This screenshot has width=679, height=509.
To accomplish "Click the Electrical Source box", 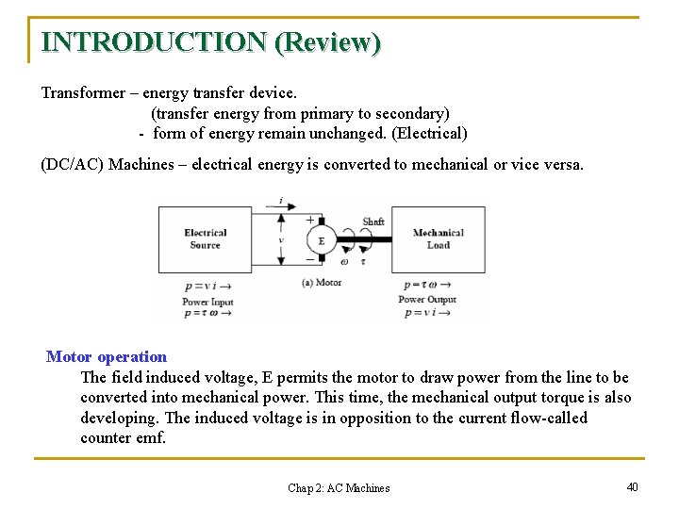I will tap(205, 239).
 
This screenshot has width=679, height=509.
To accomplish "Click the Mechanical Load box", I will tap(439, 239).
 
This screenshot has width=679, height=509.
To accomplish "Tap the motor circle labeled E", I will tap(322, 240).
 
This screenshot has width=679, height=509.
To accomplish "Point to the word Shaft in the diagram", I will tap(373, 222).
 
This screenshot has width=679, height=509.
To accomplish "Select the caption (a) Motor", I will tap(322, 282).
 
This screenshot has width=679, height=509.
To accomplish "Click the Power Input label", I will tap(207, 303).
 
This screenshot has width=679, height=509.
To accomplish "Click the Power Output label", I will tap(426, 300).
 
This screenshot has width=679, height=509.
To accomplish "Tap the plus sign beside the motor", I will tap(310, 219).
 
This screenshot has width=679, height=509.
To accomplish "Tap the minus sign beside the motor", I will tap(309, 258).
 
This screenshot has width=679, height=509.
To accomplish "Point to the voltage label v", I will tap(280, 239).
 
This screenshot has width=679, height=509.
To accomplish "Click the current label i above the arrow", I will tap(280, 200).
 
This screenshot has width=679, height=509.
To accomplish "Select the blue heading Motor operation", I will tap(107, 356).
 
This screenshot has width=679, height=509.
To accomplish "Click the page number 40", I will tap(632, 486).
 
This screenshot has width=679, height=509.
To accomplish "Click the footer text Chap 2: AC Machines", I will tap(339, 487).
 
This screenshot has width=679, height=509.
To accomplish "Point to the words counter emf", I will tap(123, 437).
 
